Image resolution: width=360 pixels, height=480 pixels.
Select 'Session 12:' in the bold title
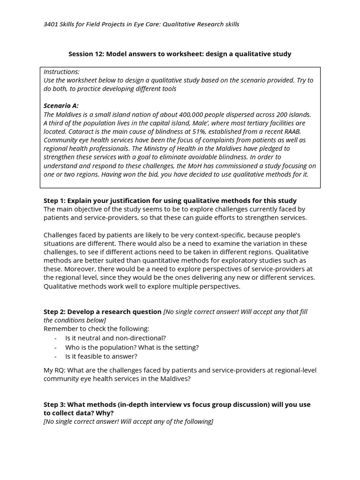point(86,54)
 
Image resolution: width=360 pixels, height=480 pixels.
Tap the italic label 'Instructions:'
point(61,72)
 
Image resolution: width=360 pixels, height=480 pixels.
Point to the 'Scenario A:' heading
point(61,106)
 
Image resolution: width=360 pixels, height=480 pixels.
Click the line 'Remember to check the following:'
point(96,329)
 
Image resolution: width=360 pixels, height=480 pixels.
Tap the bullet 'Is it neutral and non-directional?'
point(115,338)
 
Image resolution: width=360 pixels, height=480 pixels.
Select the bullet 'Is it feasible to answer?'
point(101,356)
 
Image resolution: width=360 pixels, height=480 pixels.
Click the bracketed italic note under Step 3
point(128,421)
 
